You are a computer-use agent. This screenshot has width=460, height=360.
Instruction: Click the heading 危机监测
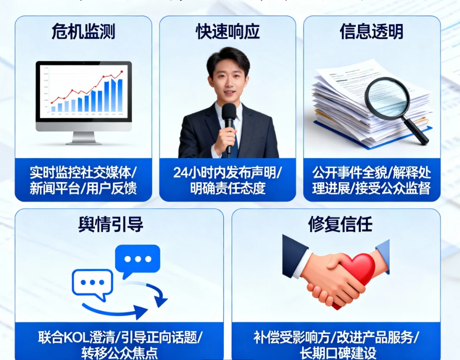pos(83,32)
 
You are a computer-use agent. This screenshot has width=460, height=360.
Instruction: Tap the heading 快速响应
pos(228,32)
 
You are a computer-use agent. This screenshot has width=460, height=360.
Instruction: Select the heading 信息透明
pos(372,32)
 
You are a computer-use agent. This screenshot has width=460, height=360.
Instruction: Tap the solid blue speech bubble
pos(137,260)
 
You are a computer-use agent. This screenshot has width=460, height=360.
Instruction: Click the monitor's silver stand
pos(83,137)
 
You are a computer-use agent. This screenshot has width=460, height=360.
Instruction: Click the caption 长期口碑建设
pos(337,353)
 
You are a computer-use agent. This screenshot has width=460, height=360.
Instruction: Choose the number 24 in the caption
pos(180,173)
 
